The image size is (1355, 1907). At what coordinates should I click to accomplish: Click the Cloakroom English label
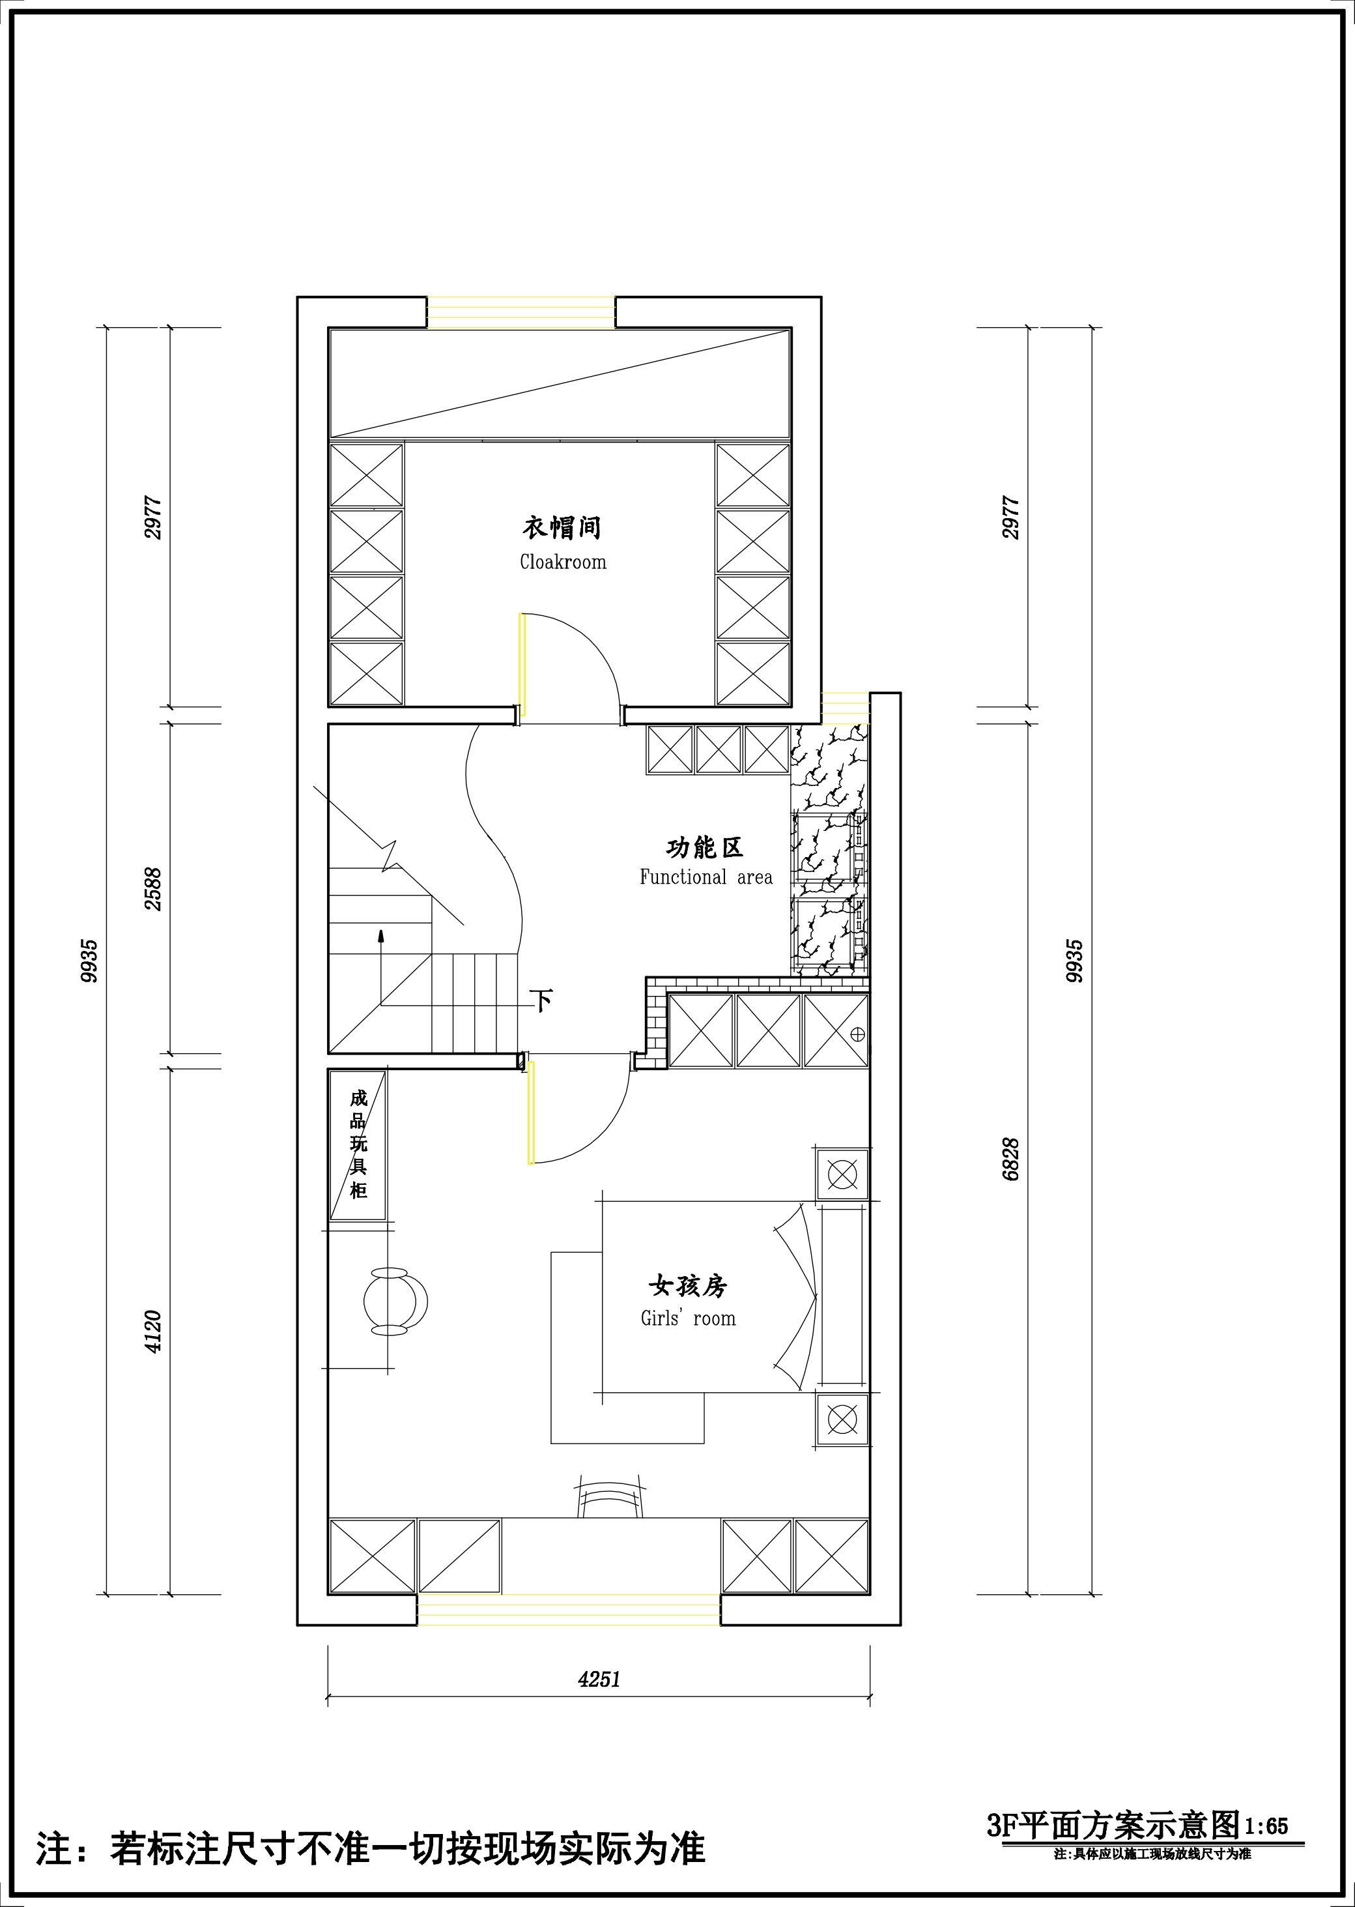563,562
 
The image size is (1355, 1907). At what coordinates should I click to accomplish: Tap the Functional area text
706,877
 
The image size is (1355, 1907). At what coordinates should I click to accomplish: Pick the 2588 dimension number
154,890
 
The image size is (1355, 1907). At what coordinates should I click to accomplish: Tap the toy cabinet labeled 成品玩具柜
358,1145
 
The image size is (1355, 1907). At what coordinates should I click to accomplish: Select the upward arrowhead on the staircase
381,937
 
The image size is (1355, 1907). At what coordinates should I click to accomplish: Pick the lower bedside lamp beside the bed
842,1419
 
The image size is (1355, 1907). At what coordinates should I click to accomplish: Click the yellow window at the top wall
521,312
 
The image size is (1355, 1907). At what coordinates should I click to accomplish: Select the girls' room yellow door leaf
531,1110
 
